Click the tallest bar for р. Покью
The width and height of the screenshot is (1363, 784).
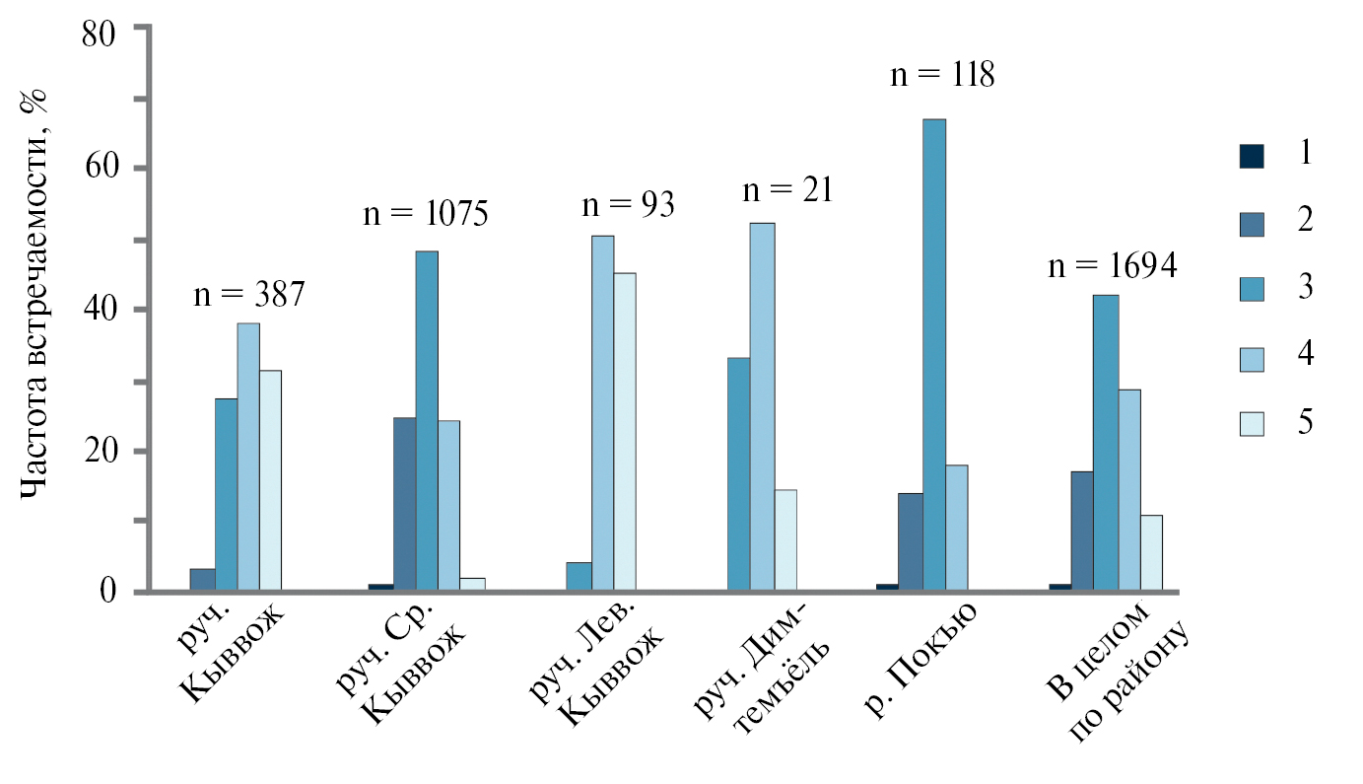(x=934, y=355)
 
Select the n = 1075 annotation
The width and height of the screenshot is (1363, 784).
(x=425, y=214)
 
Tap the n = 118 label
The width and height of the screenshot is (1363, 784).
(x=941, y=75)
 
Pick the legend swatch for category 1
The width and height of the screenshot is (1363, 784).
(x=1252, y=156)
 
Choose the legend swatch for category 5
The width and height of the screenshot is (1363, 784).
(x=1252, y=422)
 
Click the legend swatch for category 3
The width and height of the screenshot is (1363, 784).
(x=1252, y=288)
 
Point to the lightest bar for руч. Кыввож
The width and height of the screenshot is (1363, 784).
(x=270, y=480)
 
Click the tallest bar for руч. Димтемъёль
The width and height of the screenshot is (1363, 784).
(x=763, y=407)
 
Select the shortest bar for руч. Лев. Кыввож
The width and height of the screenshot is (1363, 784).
(x=579, y=577)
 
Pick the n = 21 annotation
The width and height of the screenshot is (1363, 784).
(x=786, y=189)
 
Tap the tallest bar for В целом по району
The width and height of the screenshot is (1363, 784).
(x=1106, y=443)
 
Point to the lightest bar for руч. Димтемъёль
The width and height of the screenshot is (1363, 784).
(x=785, y=540)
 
